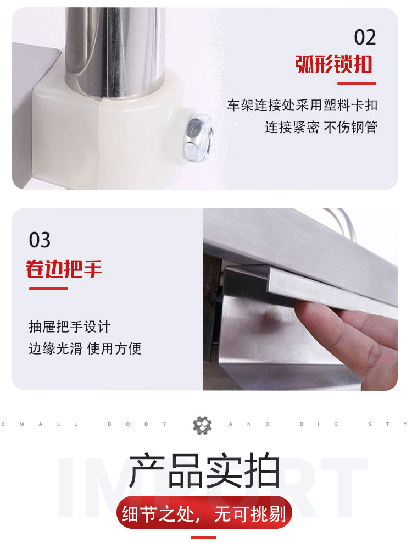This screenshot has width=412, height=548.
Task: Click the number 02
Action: tap(365, 37)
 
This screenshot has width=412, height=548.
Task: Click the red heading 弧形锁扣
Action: tap(334, 64)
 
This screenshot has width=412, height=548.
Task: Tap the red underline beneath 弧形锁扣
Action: tap(357, 84)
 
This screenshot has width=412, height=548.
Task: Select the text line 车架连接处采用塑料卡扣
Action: tap(302, 105)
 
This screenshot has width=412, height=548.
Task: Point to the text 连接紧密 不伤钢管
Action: tap(321, 127)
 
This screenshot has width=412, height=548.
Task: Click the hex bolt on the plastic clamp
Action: tap(198, 139)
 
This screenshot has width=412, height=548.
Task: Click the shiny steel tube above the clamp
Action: tap(115, 49)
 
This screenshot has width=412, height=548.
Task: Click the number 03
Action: tap(40, 240)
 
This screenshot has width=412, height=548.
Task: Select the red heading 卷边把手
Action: tap(64, 269)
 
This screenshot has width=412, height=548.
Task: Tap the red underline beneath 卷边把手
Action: tap(48, 289)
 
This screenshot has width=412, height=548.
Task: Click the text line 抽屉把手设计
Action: tap(70, 327)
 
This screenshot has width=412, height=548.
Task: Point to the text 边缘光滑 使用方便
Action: tap(85, 348)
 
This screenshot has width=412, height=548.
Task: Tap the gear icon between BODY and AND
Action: tap(203, 425)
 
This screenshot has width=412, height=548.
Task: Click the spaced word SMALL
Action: tap(40, 424)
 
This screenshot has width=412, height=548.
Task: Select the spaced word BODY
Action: tap(137, 424)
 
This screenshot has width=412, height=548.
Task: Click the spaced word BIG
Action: tap(319, 424)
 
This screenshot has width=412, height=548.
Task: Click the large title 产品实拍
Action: tap(204, 470)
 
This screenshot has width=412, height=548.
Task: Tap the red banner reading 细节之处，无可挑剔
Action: tap(204, 513)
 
